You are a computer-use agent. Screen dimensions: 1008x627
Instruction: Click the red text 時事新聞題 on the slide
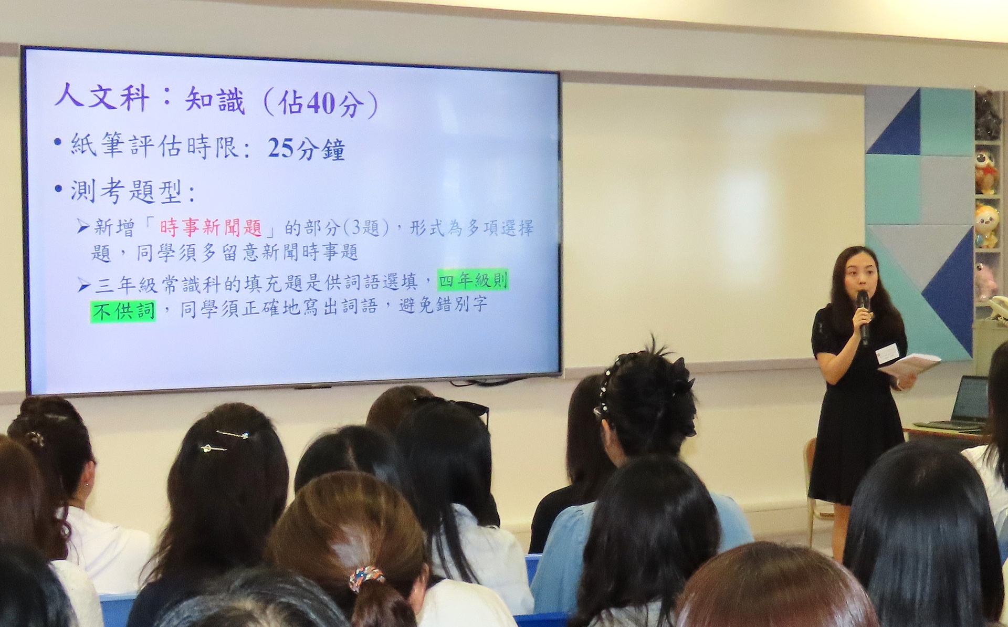click(x=211, y=227)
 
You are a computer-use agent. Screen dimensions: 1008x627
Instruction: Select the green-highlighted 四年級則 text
click(x=473, y=281)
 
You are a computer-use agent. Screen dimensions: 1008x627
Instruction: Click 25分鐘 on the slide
click(x=306, y=149)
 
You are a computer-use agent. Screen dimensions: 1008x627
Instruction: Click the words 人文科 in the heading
click(x=102, y=98)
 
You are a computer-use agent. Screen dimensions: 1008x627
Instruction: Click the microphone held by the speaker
click(x=863, y=316)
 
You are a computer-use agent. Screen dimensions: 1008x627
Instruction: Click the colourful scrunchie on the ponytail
click(x=366, y=577)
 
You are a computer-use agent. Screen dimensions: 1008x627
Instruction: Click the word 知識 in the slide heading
click(x=215, y=101)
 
